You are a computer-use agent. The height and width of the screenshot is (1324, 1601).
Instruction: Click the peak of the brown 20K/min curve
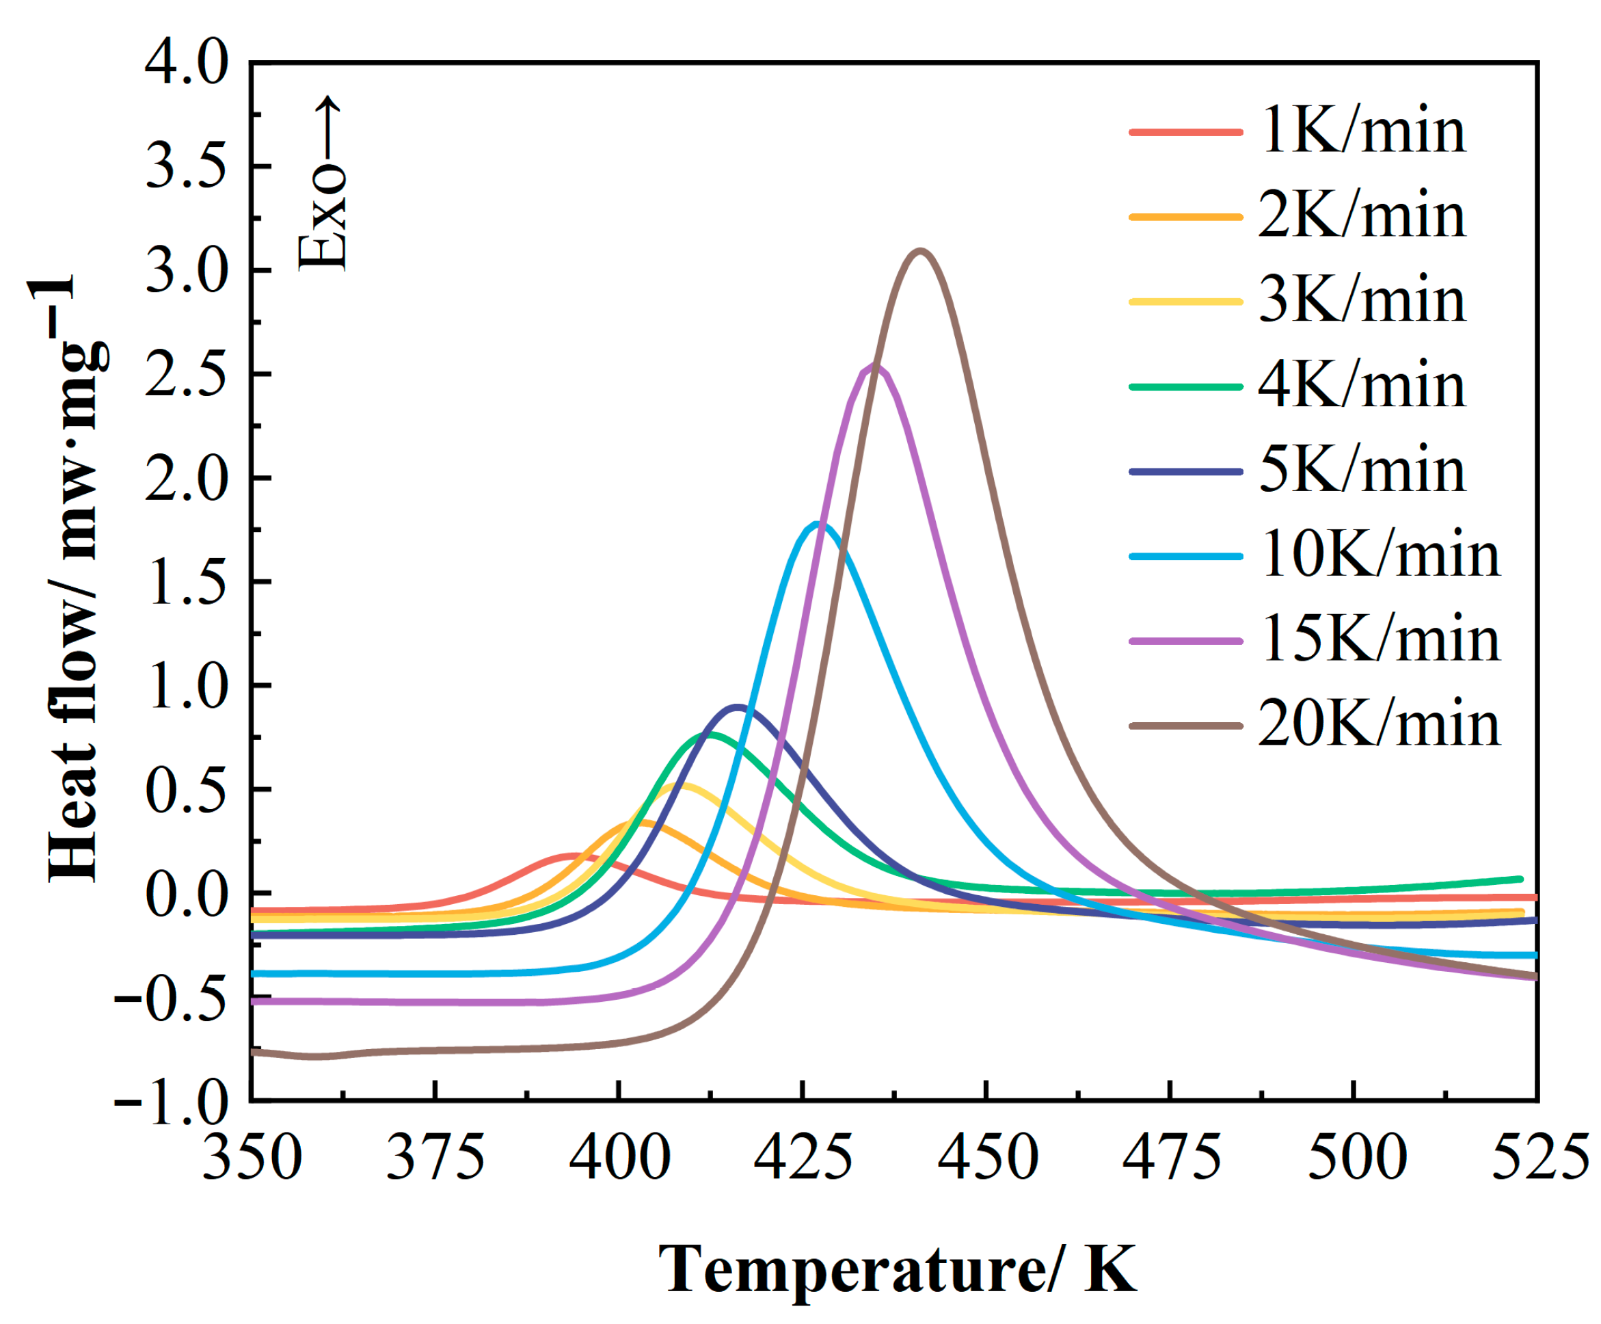(921, 252)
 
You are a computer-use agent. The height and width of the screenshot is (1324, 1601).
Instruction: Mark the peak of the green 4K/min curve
(709, 735)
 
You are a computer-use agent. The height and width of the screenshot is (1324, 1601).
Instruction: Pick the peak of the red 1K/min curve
(574, 856)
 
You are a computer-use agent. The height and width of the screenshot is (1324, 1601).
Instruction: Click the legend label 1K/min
(1362, 131)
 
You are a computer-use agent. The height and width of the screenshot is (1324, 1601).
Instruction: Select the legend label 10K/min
(1379, 555)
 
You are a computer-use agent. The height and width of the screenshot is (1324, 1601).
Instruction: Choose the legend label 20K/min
(1379, 724)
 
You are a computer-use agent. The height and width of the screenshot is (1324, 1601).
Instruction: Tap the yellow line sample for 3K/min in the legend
(1185, 302)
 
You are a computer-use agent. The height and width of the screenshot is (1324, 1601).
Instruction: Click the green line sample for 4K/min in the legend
(1185, 386)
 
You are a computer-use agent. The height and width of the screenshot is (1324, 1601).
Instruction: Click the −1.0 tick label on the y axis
(172, 1101)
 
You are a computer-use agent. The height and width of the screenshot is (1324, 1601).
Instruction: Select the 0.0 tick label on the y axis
(187, 893)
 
